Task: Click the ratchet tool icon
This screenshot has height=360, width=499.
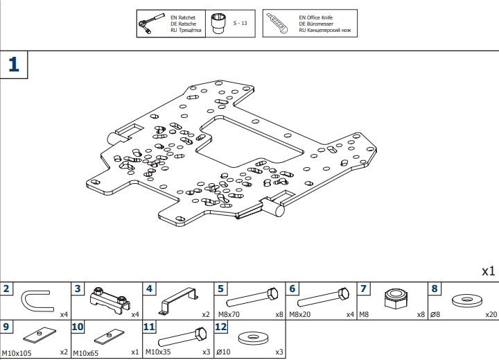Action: [146, 25]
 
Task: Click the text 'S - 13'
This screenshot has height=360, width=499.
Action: [240, 24]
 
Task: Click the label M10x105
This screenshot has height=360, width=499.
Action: [17, 352]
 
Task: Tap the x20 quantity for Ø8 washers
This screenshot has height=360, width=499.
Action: [491, 314]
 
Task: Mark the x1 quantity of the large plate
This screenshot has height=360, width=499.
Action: [489, 271]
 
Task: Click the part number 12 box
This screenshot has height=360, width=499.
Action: [221, 326]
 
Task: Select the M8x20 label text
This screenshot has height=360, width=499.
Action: [299, 314]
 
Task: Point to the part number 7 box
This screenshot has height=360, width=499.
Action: [363, 289]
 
